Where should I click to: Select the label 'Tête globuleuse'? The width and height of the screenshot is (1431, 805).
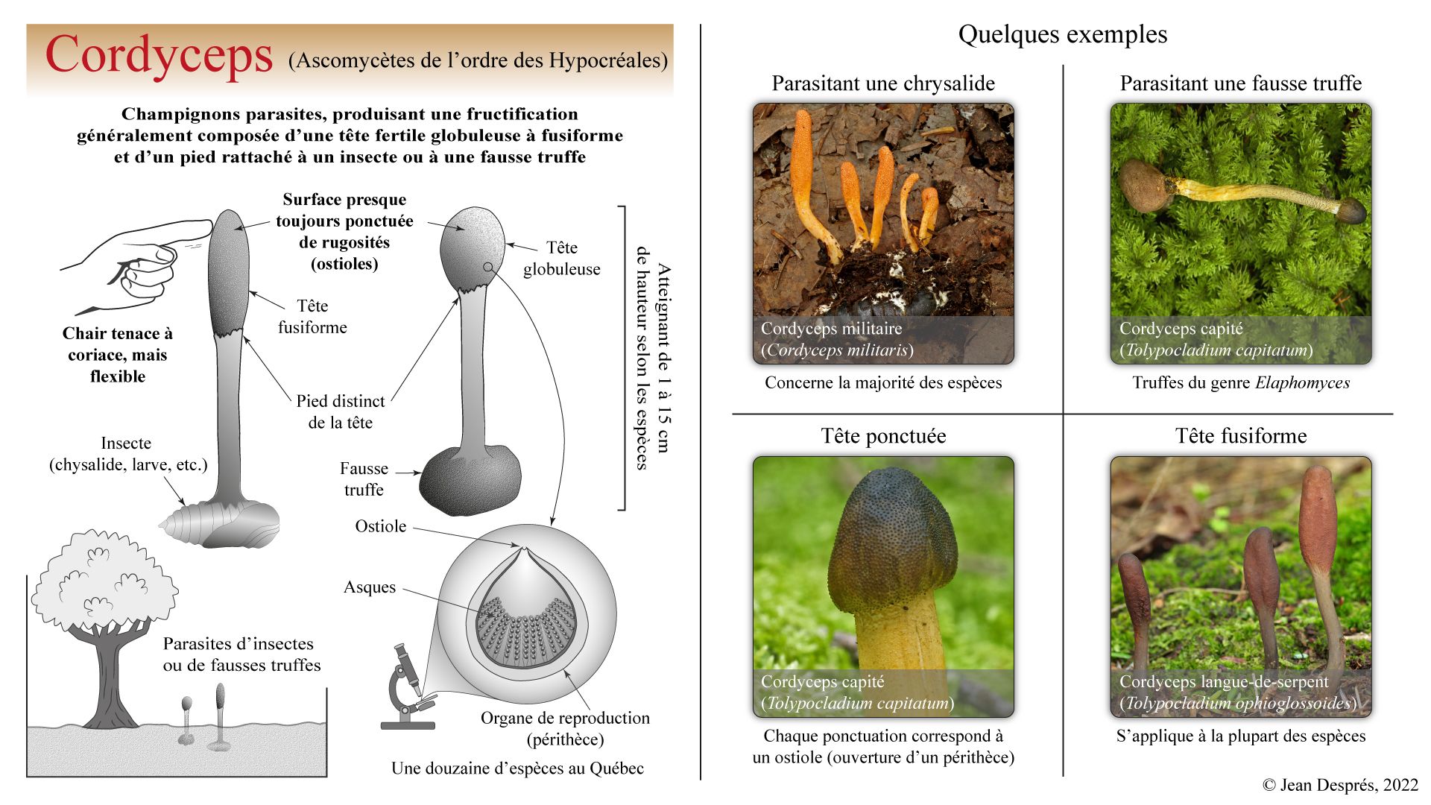tap(561, 258)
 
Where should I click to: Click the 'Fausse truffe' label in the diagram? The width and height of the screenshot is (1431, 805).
tap(364, 479)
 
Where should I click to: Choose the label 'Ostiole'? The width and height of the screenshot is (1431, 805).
tap(380, 526)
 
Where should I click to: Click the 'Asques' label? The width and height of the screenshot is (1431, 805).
tap(370, 587)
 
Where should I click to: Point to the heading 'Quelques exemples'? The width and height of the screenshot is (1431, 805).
tap(1062, 34)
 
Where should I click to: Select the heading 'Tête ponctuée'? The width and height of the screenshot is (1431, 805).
tap(883, 436)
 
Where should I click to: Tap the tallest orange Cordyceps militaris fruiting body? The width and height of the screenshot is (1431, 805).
tap(805, 171)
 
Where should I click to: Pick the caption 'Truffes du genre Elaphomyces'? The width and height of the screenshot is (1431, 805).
tap(1241, 383)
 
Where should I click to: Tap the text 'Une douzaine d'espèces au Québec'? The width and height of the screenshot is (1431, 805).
tap(517, 768)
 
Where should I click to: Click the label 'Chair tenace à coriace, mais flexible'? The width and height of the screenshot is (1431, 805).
tap(118, 355)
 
